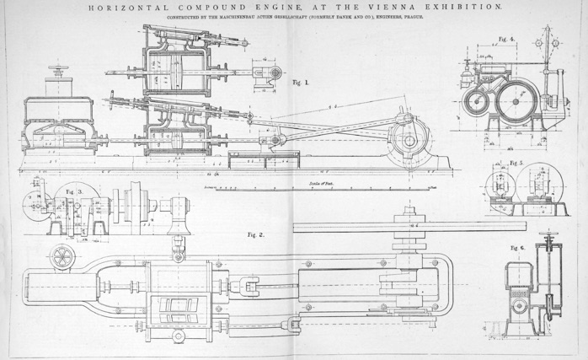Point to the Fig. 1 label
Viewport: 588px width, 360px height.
click(x=301, y=83)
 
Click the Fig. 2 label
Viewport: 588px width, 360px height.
click(x=255, y=234)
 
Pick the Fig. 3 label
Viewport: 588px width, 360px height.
click(x=73, y=191)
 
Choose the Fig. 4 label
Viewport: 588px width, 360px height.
click(x=505, y=39)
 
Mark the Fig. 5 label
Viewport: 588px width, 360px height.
click(x=516, y=162)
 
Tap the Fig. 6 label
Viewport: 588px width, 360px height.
click(x=517, y=248)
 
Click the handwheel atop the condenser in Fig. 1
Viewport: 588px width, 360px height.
click(x=58, y=70)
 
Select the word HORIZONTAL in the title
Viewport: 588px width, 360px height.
click(x=122, y=6)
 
